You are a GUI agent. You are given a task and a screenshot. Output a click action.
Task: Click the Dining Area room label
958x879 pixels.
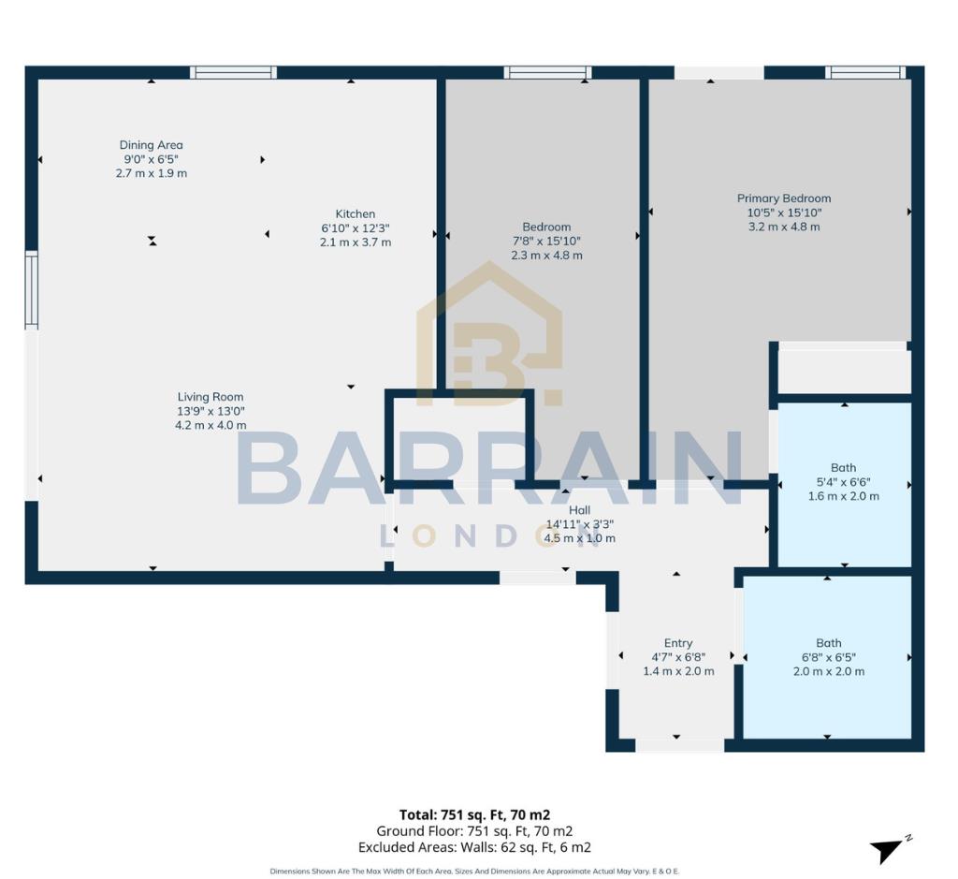pos(151,145)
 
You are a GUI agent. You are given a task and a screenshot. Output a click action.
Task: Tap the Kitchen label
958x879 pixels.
pos(356,214)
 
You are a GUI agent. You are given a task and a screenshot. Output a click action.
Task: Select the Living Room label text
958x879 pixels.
pos(210,397)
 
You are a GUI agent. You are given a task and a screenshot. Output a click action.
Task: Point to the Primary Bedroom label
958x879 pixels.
pos(784,198)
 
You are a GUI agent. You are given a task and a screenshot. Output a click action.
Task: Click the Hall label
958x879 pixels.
pos(580,510)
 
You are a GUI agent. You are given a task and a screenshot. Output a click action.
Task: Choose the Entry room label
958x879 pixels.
pos(678,643)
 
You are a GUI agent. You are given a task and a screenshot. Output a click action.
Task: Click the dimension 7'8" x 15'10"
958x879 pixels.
pos(546,241)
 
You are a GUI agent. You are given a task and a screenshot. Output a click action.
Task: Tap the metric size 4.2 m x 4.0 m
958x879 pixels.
pos(210,425)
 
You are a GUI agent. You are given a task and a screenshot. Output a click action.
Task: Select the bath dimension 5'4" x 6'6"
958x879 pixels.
pos(843,482)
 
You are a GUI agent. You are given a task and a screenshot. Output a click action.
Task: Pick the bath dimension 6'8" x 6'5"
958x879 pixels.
pos(828,657)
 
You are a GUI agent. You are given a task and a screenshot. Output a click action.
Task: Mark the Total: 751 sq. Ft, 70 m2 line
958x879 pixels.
pos(481,814)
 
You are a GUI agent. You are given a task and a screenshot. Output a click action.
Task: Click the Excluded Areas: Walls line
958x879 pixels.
pos(483,847)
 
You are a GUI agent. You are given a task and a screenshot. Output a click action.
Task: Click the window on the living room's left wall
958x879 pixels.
pos(31,290)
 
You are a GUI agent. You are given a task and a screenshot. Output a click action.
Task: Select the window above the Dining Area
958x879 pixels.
pos(234,72)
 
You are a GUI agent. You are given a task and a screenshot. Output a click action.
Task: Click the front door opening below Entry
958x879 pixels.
pos(679,745)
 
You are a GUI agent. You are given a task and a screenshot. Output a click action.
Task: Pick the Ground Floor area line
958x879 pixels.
pos(474,831)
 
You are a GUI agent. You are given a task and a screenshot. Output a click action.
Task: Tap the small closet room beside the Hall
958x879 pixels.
pos(458,438)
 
